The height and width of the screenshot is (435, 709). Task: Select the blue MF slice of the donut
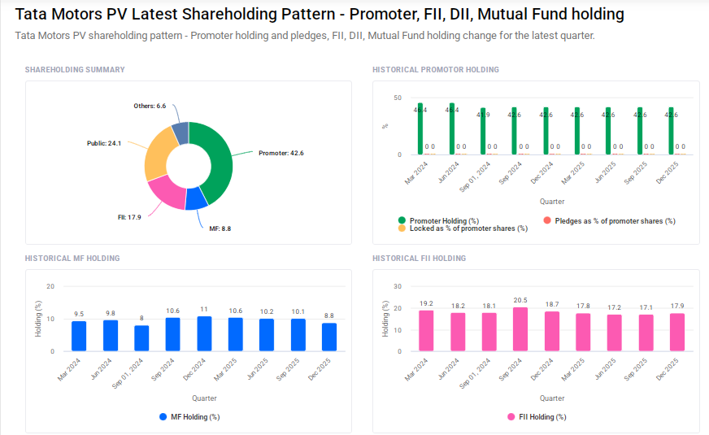click(195, 198)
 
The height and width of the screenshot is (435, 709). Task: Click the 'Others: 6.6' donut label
click(150, 107)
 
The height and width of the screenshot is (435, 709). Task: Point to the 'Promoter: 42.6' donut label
click(281, 153)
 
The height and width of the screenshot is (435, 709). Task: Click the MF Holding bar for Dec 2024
click(204, 333)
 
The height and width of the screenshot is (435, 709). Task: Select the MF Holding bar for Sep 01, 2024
click(141, 338)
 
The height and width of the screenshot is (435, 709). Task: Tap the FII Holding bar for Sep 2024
click(520, 329)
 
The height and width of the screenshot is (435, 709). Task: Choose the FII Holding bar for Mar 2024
click(426, 331)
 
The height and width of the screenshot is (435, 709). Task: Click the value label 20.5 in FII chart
click(520, 300)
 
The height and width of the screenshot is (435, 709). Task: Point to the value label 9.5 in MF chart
click(79, 314)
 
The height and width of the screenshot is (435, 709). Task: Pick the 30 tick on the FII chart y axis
click(398, 286)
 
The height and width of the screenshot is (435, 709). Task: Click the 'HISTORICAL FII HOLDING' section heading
click(419, 259)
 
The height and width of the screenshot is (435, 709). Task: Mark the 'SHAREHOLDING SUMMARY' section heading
click(75, 70)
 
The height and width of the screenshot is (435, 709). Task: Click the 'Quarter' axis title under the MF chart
click(204, 398)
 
